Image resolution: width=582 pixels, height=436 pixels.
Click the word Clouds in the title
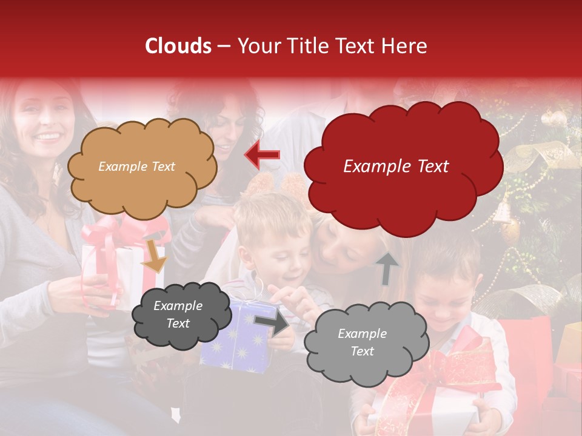178,46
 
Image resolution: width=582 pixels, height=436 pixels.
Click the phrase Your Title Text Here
332,46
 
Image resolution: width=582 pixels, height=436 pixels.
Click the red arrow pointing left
263,155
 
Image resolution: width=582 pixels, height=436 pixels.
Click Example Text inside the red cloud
396,167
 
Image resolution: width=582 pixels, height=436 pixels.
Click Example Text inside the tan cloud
136,167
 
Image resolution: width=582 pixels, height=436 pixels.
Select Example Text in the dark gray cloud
178,314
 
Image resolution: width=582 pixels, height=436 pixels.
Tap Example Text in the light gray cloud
362,342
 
